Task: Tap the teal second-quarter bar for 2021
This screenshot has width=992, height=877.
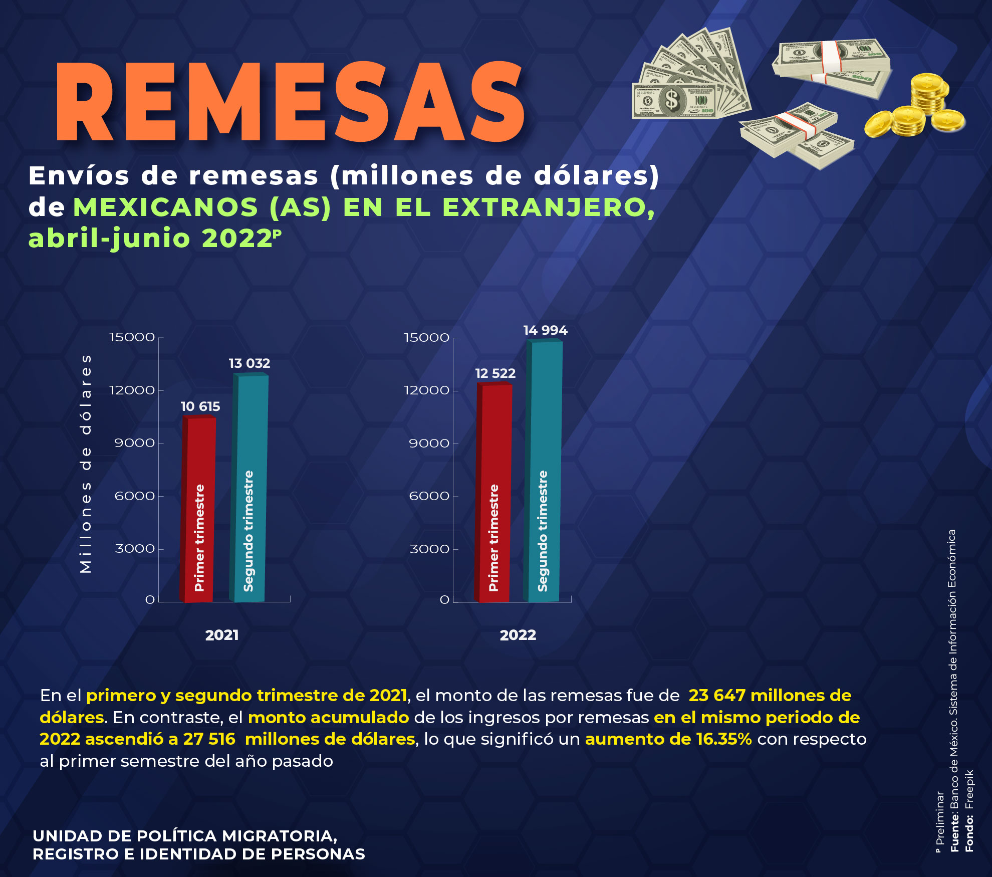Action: pyautogui.click(x=250, y=489)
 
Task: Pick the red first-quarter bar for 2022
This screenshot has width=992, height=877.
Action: pyautogui.click(x=493, y=494)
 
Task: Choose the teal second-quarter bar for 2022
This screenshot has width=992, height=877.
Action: pyautogui.click(x=543, y=471)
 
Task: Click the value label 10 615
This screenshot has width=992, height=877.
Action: pyautogui.click(x=200, y=406)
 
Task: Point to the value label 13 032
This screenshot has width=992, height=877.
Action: pyautogui.click(x=250, y=363)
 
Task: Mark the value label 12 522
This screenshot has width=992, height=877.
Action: pyautogui.click(x=495, y=373)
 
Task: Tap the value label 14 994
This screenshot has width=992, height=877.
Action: pyautogui.click(x=545, y=330)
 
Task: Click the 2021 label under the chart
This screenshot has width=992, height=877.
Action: pyautogui.click(x=222, y=635)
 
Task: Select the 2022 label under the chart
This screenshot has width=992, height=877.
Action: pyautogui.click(x=518, y=635)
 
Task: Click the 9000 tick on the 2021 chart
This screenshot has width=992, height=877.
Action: pyautogui.click(x=134, y=443)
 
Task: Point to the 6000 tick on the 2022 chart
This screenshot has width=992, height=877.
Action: pyautogui.click(x=429, y=496)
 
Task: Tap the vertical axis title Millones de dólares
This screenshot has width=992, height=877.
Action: pyautogui.click(x=86, y=464)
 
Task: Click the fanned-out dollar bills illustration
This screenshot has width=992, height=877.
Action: pyautogui.click(x=691, y=80)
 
